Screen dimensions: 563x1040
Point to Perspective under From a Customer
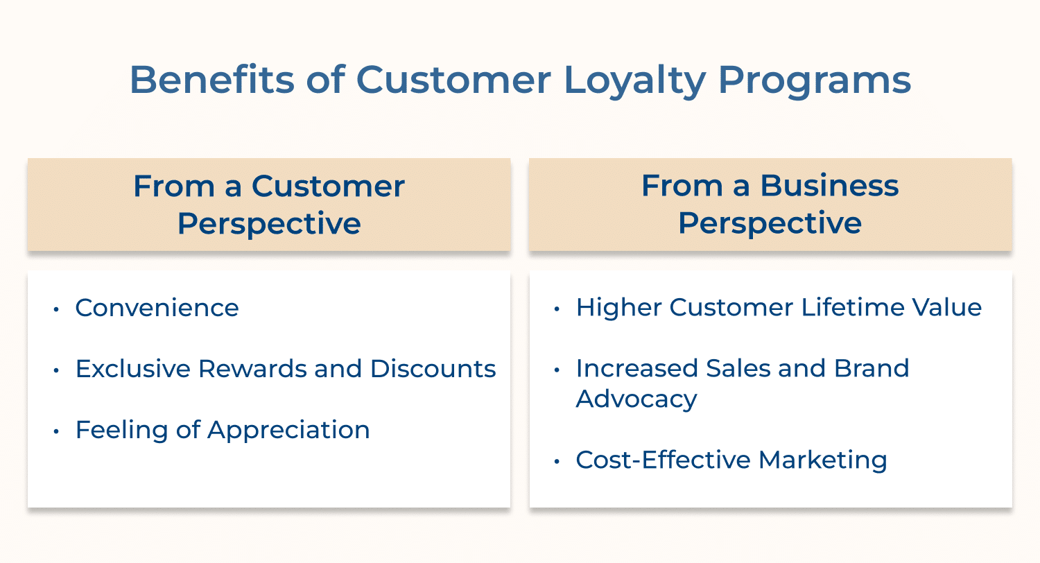pyautogui.click(x=269, y=223)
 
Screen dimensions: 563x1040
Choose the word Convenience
pyautogui.click(x=157, y=308)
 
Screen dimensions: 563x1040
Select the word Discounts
pyautogui.click(x=433, y=369)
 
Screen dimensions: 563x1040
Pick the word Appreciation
pyautogui.click(x=288, y=431)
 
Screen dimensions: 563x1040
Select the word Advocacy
pyautogui.click(x=636, y=400)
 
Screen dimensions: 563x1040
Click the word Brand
pyautogui.click(x=871, y=369)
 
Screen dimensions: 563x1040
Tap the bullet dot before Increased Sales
pyautogui.click(x=557, y=370)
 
